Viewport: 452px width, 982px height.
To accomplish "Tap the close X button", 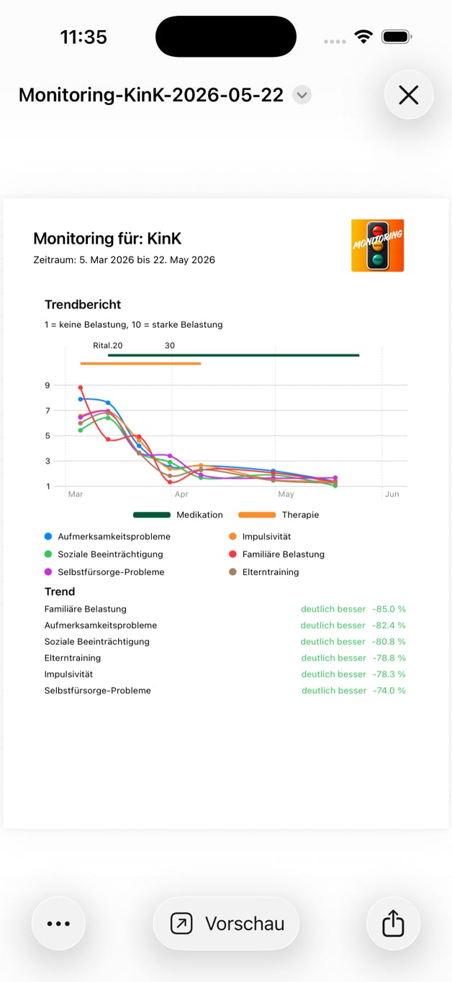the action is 409,95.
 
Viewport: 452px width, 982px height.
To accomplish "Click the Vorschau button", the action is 226,924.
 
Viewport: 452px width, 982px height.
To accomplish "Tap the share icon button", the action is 393,924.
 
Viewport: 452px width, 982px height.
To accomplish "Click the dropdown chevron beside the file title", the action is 302,95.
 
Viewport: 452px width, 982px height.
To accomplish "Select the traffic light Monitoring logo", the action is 377,246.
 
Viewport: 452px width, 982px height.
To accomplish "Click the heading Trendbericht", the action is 83,304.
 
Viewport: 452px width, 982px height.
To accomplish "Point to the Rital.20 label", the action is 107,346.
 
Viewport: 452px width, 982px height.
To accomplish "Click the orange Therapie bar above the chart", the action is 140,364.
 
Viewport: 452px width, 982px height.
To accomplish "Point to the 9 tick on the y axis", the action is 48,385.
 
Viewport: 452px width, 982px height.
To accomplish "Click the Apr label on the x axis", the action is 181,494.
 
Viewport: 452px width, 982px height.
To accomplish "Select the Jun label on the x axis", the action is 392,494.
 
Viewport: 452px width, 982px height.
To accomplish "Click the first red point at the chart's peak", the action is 81,387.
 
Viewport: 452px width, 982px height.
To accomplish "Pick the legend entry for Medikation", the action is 178,515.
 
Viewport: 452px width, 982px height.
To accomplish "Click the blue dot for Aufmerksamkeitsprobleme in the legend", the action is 48,536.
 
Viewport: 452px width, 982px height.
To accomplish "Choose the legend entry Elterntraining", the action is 263,572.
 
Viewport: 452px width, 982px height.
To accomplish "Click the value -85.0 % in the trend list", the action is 389,609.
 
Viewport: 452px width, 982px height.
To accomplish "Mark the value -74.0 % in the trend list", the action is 389,690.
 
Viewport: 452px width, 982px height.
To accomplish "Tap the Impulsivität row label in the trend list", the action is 68,674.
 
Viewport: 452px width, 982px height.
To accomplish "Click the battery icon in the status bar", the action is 397,37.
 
